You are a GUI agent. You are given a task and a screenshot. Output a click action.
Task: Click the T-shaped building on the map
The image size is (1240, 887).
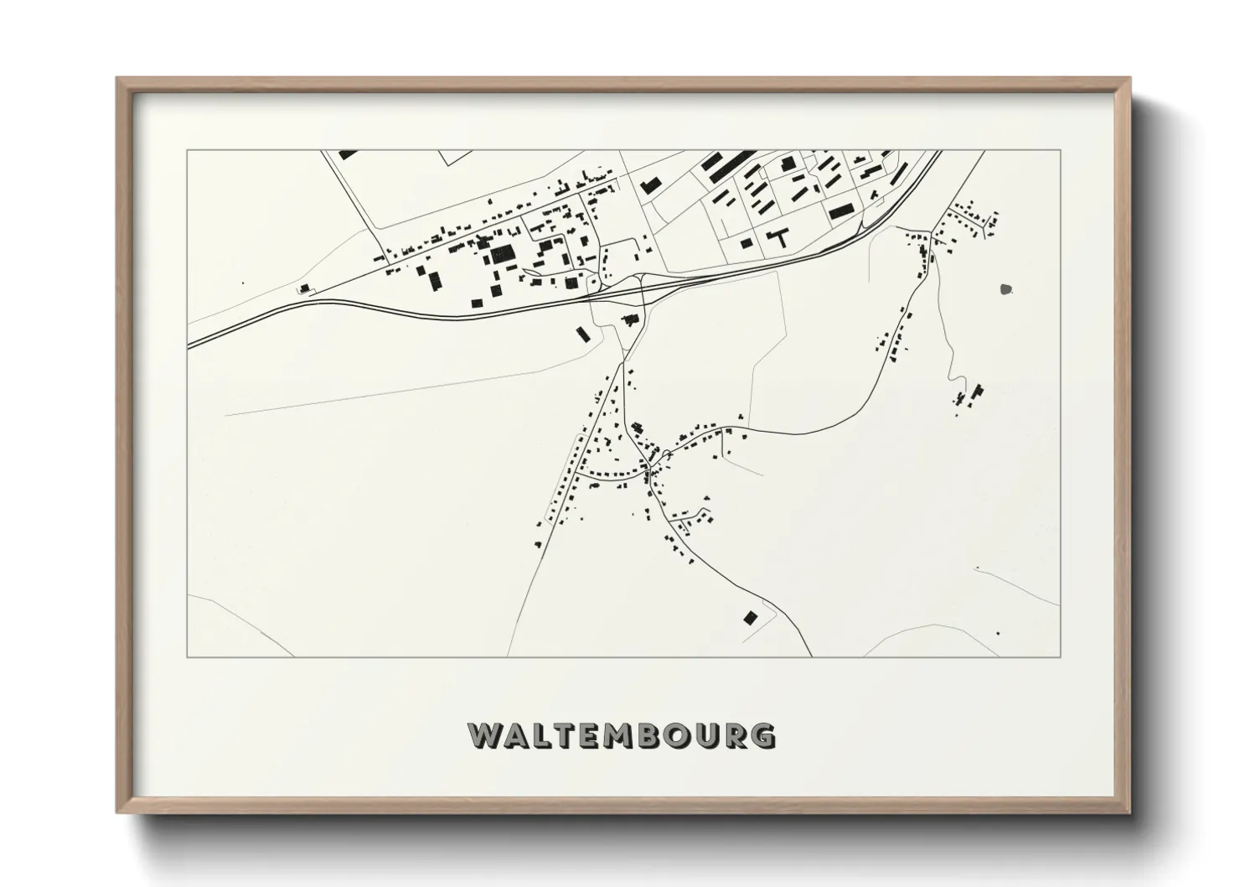tap(781, 236)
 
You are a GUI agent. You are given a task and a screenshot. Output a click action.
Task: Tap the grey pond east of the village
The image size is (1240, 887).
tap(1005, 290)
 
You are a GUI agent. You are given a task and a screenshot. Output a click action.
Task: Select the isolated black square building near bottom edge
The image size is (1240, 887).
tap(750, 618)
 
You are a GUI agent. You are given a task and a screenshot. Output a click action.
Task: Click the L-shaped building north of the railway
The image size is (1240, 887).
tap(648, 185)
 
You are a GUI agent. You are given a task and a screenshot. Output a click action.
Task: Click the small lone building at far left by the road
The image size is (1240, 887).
tap(304, 288)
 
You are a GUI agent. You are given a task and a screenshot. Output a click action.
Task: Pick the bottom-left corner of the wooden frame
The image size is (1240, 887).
tap(117, 812)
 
